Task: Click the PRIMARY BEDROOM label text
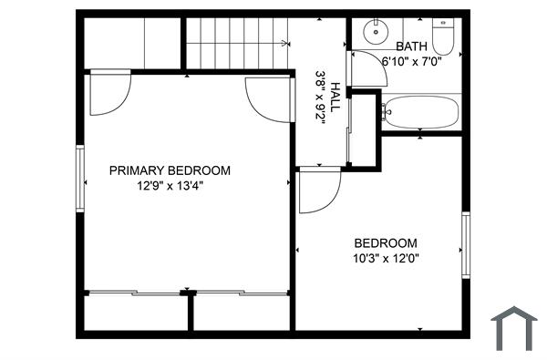pyautogui.click(x=170, y=170)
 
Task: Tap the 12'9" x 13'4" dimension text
pyautogui.click(x=170, y=185)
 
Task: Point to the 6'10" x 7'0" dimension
pyautogui.click(x=412, y=61)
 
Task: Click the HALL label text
pyautogui.click(x=335, y=97)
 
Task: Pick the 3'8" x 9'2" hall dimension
pyautogui.click(x=321, y=97)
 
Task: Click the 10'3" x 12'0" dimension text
pyautogui.click(x=386, y=258)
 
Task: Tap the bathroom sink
pyautogui.click(x=376, y=32)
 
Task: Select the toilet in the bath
pyautogui.click(x=445, y=36)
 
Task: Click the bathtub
pyautogui.click(x=420, y=113)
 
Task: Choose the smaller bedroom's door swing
pyautogui.click(x=317, y=190)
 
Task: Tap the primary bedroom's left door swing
pyautogui.click(x=108, y=94)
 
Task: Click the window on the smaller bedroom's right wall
pyautogui.click(x=465, y=243)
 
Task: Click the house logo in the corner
pyautogui.click(x=514, y=328)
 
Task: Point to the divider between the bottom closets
pyautogui.click(x=191, y=312)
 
